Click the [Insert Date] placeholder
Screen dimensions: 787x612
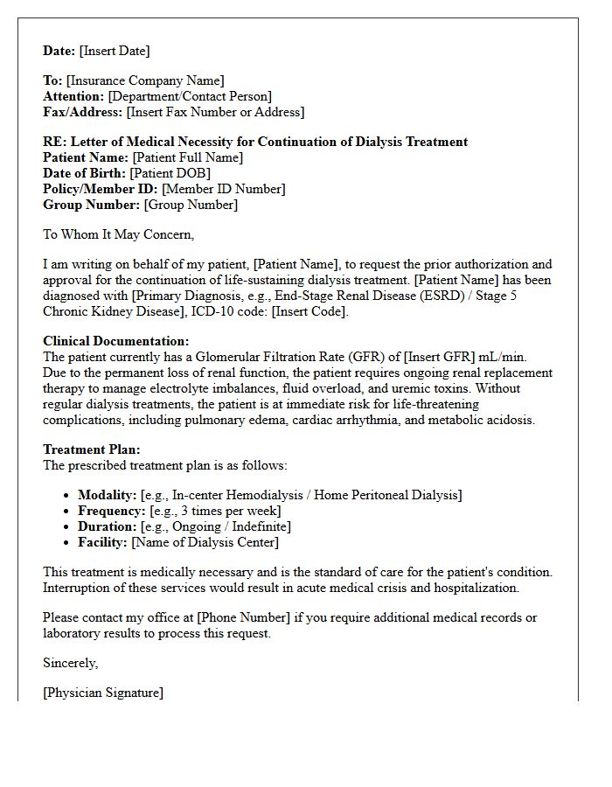pos(115,51)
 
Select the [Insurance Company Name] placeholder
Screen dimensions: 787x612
pos(145,80)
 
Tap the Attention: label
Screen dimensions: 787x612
pos(73,96)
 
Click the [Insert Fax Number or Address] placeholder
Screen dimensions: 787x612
pos(215,112)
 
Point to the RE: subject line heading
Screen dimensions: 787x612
pos(255,142)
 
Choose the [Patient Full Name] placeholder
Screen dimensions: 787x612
pos(187,157)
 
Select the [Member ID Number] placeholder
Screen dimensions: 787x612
pos(223,189)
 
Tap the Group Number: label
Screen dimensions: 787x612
pos(91,205)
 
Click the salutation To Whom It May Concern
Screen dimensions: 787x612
pos(118,234)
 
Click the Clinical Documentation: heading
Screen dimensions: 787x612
pos(115,341)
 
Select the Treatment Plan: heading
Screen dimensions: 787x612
pos(91,449)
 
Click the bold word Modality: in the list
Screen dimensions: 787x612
pos(107,495)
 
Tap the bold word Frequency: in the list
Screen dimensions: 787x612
pos(111,511)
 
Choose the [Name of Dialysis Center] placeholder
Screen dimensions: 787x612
pos(205,542)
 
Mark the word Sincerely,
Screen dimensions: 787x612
pos(71,663)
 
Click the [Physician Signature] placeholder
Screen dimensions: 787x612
pos(102,693)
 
